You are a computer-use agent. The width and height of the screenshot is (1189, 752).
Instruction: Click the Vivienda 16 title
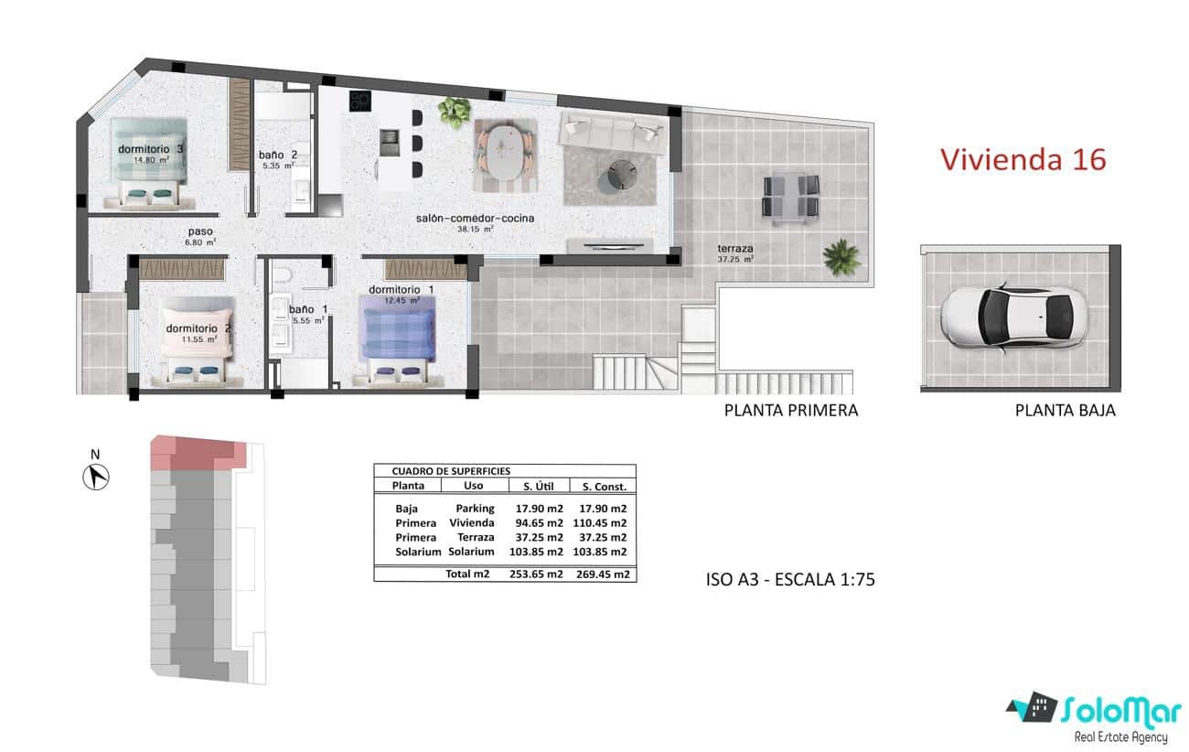point(1023,159)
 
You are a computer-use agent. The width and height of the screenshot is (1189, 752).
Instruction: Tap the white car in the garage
point(1011,317)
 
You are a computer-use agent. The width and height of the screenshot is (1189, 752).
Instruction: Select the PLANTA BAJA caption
point(1065,411)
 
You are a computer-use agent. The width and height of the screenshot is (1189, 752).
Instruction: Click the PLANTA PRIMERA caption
point(790,411)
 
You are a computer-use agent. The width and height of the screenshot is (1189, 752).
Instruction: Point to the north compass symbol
point(96,476)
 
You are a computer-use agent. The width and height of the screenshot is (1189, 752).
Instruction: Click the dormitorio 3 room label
point(151,149)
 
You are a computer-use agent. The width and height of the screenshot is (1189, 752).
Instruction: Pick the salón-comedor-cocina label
point(475,219)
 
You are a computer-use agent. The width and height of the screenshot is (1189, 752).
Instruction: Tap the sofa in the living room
point(612,131)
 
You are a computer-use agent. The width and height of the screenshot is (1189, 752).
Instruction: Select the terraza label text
point(734,248)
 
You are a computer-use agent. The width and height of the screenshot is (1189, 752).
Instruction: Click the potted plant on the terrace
point(841,256)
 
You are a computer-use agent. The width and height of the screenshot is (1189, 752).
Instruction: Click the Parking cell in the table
point(475,509)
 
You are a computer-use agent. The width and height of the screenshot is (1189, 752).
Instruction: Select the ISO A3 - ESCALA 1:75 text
point(786,578)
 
